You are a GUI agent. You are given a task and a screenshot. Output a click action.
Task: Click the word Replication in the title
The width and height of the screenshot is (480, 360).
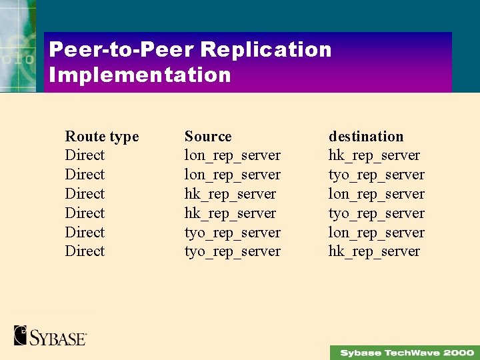(x=265, y=49)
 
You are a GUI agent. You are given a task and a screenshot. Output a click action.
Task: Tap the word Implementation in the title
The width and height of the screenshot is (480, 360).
(x=140, y=74)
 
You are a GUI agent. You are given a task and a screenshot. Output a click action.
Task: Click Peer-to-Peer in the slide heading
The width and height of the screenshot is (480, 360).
(x=121, y=49)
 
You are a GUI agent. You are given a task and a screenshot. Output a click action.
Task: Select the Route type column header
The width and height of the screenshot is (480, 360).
(x=102, y=137)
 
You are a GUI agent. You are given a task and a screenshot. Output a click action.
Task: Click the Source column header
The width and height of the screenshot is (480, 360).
(x=208, y=137)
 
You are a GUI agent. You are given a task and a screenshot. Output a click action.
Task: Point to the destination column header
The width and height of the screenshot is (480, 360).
(x=366, y=137)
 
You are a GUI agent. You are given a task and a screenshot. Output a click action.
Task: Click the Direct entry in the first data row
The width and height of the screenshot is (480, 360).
(x=85, y=155)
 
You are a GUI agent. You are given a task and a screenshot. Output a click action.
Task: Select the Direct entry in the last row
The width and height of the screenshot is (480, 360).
(x=85, y=251)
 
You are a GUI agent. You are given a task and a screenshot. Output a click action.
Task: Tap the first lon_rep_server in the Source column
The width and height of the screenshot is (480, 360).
(x=232, y=155)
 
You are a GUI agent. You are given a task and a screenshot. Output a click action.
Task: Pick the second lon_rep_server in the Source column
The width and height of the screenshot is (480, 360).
(x=232, y=175)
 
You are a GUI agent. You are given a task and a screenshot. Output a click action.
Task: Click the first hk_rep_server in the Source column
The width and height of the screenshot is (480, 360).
(x=230, y=194)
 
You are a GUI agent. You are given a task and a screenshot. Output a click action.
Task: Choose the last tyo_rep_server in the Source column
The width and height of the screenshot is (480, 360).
(x=232, y=251)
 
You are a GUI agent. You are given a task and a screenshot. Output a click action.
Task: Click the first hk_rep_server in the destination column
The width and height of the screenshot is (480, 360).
(x=374, y=155)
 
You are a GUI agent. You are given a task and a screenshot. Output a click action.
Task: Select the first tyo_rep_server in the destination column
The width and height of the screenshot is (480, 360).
(x=376, y=175)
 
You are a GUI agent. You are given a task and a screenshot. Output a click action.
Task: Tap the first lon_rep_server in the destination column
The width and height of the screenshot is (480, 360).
(x=376, y=194)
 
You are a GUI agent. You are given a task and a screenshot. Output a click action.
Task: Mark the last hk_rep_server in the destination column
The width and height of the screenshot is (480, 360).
(x=374, y=251)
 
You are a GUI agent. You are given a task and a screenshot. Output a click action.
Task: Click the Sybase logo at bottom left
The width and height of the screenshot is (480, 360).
(x=50, y=335)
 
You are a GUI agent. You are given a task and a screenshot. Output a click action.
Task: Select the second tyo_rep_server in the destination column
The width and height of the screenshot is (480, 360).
(x=376, y=213)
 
